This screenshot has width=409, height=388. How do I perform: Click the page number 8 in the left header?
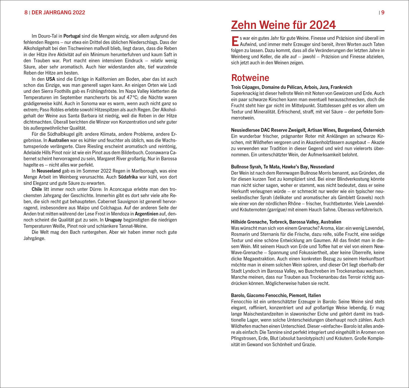tap(26, 13)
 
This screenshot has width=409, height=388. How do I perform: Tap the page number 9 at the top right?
tap(383, 13)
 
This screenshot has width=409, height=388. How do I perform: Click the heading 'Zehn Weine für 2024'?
tap(283, 25)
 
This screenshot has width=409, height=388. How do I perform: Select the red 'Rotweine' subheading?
tap(250, 78)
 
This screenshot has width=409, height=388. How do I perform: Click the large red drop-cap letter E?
tap(235, 41)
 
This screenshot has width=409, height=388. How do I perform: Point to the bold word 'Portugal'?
tap(72, 36)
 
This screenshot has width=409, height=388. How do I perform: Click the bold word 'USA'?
tap(51, 79)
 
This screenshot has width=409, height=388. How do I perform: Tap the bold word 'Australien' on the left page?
tap(59, 140)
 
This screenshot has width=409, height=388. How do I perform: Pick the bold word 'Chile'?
tap(37, 189)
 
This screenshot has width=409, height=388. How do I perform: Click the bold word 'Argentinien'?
tap(147, 214)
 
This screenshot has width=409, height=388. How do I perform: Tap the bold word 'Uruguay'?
tap(113, 220)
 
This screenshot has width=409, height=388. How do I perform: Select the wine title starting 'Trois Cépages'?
tap(291, 87)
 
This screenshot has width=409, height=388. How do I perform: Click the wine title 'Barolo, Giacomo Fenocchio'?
tap(276, 295)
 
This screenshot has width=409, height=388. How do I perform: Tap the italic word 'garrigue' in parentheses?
tap(277, 210)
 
